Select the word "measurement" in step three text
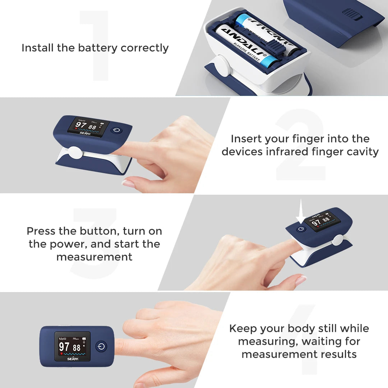(94, 257)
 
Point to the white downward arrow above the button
(301, 217)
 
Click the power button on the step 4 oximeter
(102, 346)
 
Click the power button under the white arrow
(301, 229)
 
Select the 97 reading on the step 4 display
(64, 347)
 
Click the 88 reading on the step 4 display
(77, 348)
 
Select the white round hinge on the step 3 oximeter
(338, 240)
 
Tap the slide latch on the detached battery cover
(351, 14)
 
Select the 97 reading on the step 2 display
(81, 126)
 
